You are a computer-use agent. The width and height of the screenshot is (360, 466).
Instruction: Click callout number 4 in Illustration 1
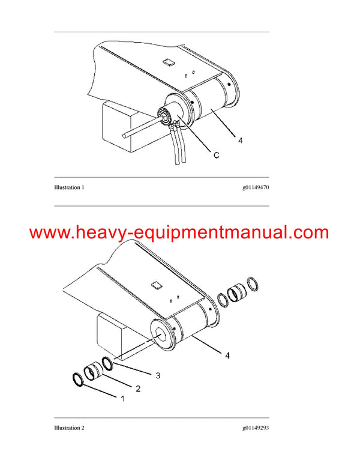[x=240, y=141]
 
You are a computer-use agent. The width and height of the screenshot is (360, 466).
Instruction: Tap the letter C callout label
[x=215, y=155]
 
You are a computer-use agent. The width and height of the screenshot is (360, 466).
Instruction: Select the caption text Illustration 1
[x=69, y=187]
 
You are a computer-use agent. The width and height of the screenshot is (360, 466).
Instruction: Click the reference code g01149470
[x=256, y=187]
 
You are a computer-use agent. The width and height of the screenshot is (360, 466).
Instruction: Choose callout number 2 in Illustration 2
[x=138, y=389]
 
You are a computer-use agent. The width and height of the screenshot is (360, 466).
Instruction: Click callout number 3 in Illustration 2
[x=158, y=375]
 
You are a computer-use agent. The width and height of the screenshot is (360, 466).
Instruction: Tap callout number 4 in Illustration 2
[x=227, y=356]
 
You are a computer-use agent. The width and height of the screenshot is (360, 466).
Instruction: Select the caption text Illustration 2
[x=69, y=428]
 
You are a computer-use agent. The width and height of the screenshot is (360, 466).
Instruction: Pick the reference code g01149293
[x=256, y=428]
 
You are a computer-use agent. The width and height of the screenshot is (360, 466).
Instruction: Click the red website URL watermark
[x=179, y=232]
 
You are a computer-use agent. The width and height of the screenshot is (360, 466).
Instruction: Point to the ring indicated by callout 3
[x=108, y=364]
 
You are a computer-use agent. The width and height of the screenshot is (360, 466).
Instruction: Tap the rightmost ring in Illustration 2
[x=254, y=285]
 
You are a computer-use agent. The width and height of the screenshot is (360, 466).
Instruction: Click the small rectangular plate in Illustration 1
[x=169, y=61]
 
